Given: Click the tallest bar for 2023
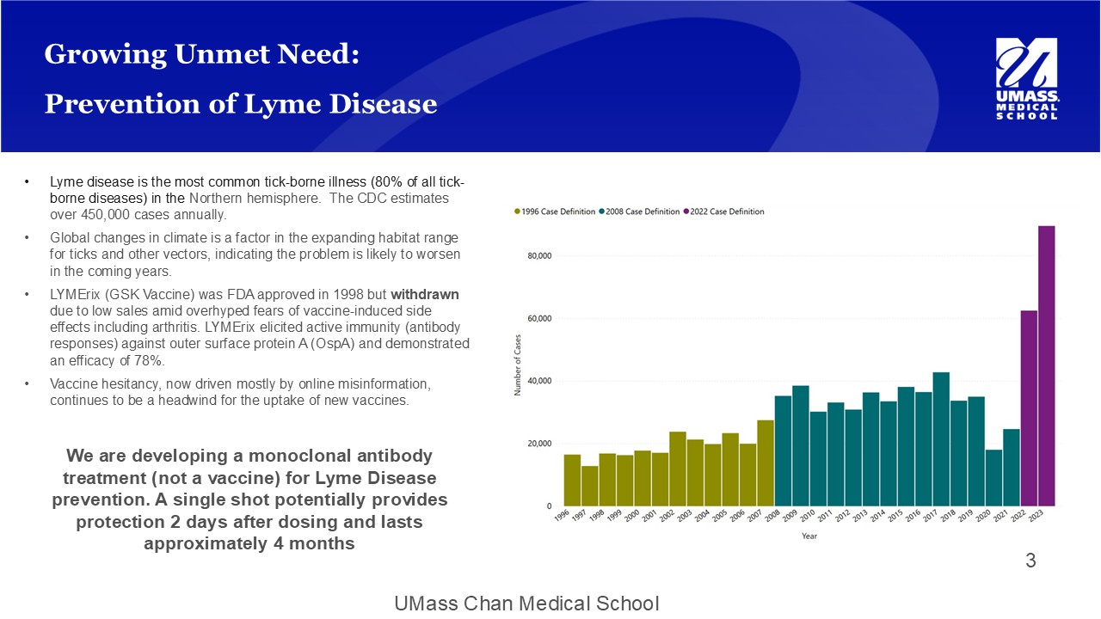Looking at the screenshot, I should click(1046, 365).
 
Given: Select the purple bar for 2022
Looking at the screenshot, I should click(1029, 408).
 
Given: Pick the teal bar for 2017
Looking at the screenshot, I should click(941, 439).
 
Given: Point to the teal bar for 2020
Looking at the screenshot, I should click(993, 478).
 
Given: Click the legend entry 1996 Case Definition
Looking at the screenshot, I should click(556, 211).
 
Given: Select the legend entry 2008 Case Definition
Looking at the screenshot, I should click(640, 211).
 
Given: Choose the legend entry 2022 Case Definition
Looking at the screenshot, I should click(724, 211).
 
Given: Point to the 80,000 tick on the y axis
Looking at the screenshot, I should click(539, 256).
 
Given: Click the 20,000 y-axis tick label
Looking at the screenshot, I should click(539, 444).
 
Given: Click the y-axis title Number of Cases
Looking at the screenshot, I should click(518, 365).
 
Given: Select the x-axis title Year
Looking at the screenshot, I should click(809, 536).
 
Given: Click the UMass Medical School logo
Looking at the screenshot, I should click(1026, 78).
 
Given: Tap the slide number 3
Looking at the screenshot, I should click(1030, 561).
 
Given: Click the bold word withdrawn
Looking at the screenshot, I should click(431, 294).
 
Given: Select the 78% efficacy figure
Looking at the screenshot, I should click(150, 360).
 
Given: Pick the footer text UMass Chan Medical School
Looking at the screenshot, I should click(526, 604).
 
